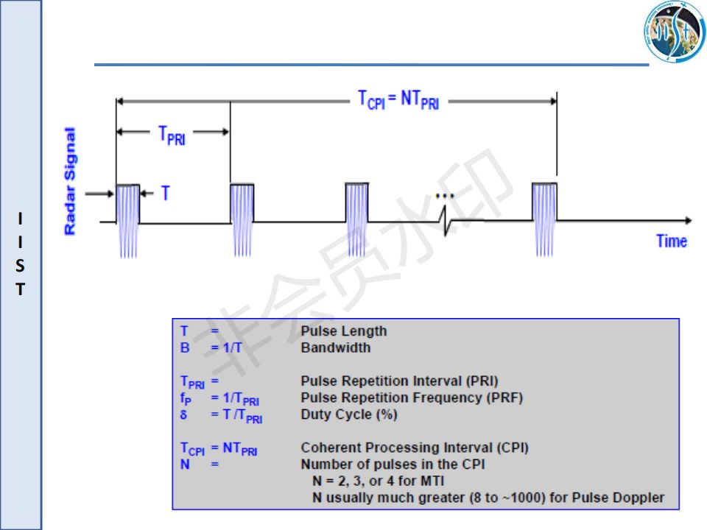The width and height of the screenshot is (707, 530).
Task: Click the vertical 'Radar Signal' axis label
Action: pos(71,181)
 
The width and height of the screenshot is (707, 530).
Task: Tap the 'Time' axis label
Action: pos(671,241)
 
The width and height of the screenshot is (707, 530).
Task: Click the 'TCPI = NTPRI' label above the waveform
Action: pos(398,99)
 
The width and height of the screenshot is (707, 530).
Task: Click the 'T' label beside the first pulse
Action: pos(165,194)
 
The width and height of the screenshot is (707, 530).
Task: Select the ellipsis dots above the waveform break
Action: pos(446,196)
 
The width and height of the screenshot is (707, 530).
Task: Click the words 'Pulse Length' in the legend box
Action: pos(344,331)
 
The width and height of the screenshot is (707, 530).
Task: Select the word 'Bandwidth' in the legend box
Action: pos(336,347)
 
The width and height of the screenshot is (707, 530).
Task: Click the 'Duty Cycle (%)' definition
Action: pos(349,414)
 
